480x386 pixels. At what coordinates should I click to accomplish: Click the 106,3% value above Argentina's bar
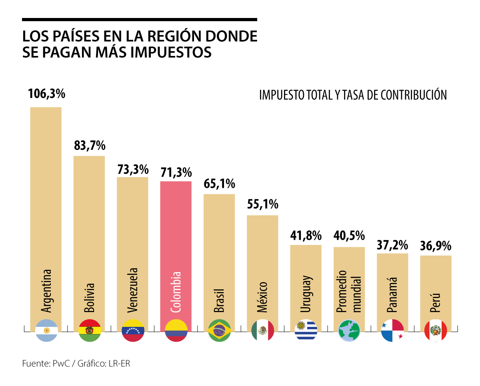click(x=46, y=94)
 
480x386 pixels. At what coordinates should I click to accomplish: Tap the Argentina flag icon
click(x=46, y=330)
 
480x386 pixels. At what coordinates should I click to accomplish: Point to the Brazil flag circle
click(x=220, y=330)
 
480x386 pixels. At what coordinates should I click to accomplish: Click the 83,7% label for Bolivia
click(x=89, y=145)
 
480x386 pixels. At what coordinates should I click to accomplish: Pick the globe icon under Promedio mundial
click(x=349, y=330)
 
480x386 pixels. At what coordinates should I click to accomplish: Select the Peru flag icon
click(x=436, y=330)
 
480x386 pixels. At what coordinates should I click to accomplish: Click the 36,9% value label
click(x=436, y=245)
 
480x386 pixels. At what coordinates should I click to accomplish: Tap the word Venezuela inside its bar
click(x=133, y=290)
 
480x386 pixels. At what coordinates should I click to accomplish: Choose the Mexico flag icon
click(x=262, y=330)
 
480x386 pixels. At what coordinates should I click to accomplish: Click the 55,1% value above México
click(x=262, y=204)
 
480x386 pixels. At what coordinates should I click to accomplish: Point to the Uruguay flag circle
click(x=306, y=330)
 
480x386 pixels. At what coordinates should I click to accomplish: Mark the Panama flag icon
click(x=392, y=330)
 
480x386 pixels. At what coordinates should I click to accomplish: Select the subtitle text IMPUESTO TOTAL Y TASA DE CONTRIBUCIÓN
click(x=353, y=95)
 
